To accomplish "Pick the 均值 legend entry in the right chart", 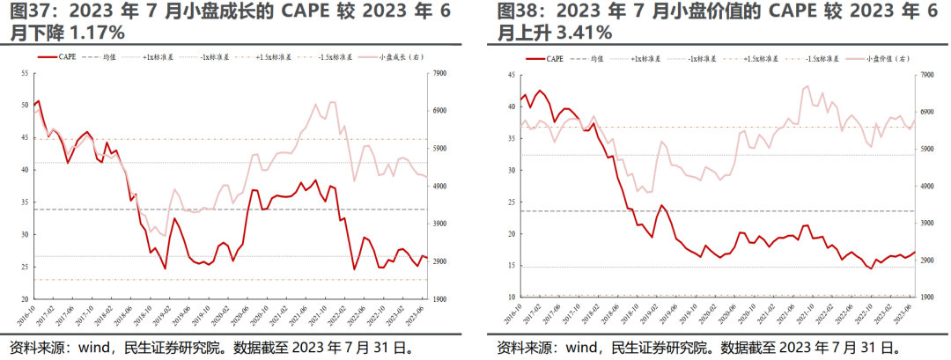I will pos(598,58).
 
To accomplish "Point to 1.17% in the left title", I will pos(94,33).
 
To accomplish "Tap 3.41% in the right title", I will pos(582,33).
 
